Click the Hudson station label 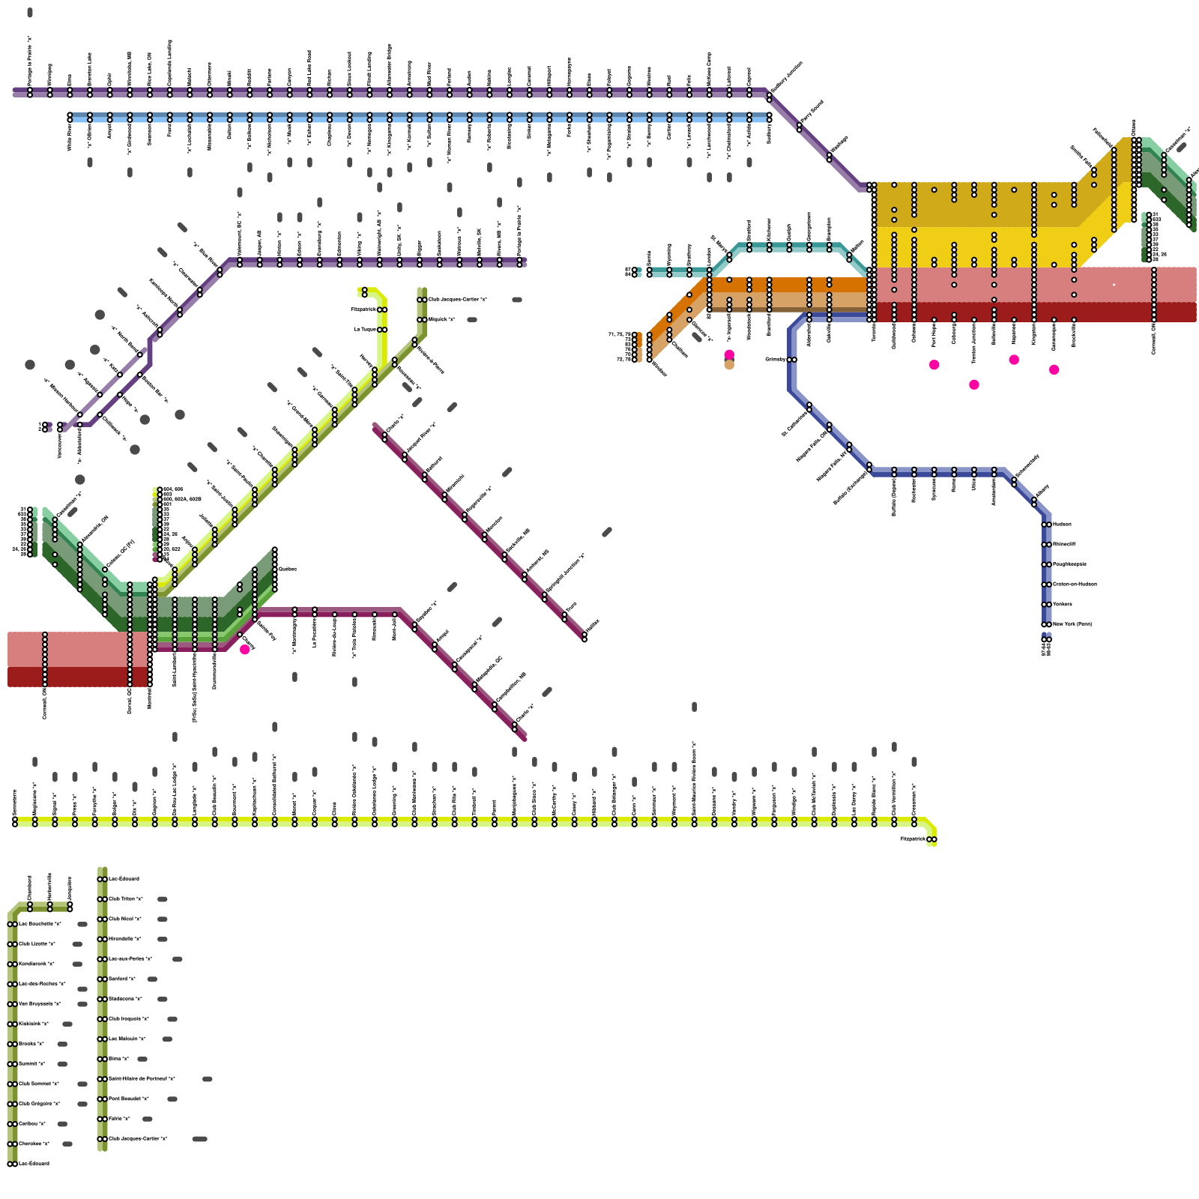[x=1062, y=524]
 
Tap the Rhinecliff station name [x=1064, y=544]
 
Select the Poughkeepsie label [x=1069, y=564]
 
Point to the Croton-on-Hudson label [x=1075, y=584]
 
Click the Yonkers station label [x=1062, y=604]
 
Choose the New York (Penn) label [x=1072, y=623]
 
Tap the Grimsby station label [x=775, y=359]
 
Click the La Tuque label [x=365, y=329]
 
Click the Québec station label [x=288, y=569]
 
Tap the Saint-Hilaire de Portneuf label [x=142, y=1078]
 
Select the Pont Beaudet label [x=128, y=1099]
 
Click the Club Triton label [x=125, y=899]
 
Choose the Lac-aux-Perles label [x=130, y=958]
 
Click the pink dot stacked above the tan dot [x=729, y=354]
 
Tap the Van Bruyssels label [x=40, y=1003]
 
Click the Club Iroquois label [x=129, y=1018]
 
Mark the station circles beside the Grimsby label [x=792, y=359]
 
